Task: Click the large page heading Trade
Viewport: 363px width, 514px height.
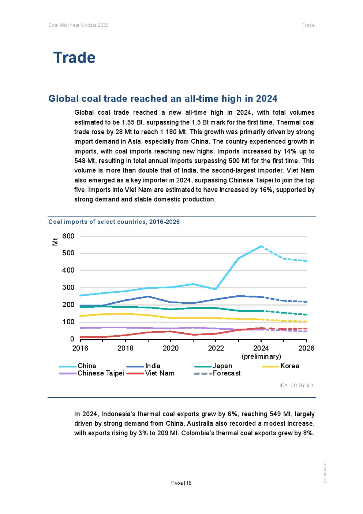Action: coord(74,58)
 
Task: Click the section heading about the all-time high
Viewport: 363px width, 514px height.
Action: coord(163,99)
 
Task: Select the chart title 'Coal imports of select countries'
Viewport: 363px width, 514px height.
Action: coord(114,222)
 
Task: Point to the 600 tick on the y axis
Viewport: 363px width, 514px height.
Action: coord(68,236)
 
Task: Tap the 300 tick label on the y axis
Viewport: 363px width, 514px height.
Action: coord(68,288)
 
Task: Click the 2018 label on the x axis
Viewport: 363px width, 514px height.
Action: coord(126,348)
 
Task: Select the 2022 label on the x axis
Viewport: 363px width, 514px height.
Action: coord(216,348)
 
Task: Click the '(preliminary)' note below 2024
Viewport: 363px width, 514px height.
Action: coord(261,356)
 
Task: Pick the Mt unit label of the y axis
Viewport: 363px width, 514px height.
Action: coord(55,241)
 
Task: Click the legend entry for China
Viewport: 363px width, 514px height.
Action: coord(87,366)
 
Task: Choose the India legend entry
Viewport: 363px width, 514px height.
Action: coord(153,366)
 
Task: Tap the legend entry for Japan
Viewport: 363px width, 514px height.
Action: coord(222,366)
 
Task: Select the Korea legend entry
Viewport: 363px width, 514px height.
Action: coord(289,366)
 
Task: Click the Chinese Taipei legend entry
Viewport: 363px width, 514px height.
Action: coord(101,373)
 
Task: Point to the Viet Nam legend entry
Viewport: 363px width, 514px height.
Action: coord(160,373)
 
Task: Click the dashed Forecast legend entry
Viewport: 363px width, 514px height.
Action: coord(227,373)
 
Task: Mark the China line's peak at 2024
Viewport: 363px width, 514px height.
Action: coord(261,246)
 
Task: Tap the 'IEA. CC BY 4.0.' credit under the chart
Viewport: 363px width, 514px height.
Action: coord(297,385)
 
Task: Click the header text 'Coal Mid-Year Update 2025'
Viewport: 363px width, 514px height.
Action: coord(78,25)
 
